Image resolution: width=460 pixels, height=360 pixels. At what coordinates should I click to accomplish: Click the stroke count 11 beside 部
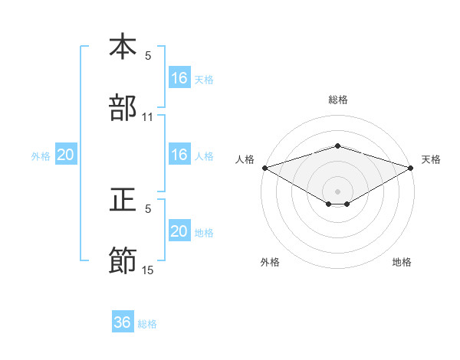[x=148, y=117]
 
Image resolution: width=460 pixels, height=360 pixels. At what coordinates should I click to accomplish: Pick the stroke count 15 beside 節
[x=148, y=270]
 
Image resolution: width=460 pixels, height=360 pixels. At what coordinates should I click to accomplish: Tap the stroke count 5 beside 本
[x=148, y=56]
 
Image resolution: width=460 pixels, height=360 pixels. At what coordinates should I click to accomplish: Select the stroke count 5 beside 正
[x=148, y=209]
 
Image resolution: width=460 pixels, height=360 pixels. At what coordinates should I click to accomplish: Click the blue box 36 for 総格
[x=123, y=322]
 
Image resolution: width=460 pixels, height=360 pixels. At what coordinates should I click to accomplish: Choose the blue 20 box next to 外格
[x=66, y=155]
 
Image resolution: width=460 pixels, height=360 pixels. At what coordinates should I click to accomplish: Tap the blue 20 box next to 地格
[x=179, y=231]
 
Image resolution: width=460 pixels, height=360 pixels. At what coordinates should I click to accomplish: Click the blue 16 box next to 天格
[x=179, y=78]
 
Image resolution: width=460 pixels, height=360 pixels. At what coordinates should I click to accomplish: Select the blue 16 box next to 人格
[x=179, y=155]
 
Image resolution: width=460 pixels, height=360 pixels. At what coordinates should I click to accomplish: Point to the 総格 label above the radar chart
[x=337, y=100]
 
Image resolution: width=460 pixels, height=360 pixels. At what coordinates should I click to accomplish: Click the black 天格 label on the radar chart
[x=432, y=159]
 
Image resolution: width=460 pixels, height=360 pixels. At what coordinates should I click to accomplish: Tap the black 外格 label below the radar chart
[x=270, y=262]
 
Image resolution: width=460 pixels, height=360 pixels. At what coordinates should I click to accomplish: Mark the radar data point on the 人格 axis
[x=264, y=168]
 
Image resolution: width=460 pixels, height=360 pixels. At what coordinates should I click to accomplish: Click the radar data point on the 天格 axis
[x=411, y=168]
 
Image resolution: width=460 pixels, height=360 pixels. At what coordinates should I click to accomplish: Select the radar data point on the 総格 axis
[x=337, y=146]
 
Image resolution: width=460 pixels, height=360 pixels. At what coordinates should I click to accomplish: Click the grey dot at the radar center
[x=337, y=191]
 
